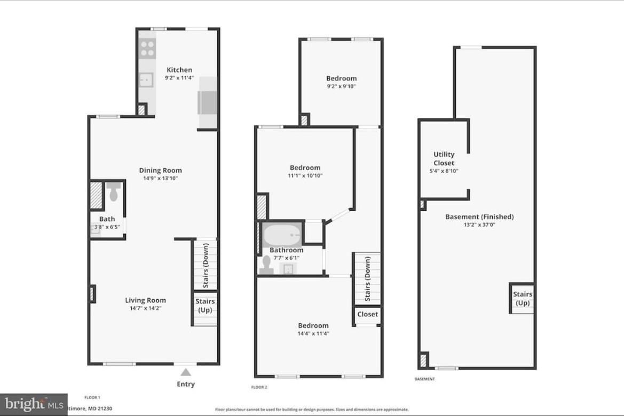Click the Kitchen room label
(x=179, y=70)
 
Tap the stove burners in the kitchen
(x=147, y=49)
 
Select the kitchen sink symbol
(x=146, y=80)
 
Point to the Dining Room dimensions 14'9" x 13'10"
(x=160, y=179)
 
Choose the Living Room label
(x=145, y=300)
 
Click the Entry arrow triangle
(x=185, y=372)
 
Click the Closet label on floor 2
(x=367, y=314)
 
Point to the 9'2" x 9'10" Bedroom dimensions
(x=341, y=86)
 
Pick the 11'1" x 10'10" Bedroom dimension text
(x=306, y=175)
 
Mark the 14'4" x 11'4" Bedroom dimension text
(x=313, y=334)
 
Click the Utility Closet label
(x=444, y=158)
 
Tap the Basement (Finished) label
(x=479, y=217)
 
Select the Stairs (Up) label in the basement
(x=522, y=299)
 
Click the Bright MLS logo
(x=33, y=404)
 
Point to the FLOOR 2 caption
(x=259, y=387)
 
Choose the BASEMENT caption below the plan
(x=424, y=379)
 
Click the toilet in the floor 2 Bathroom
(x=266, y=265)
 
